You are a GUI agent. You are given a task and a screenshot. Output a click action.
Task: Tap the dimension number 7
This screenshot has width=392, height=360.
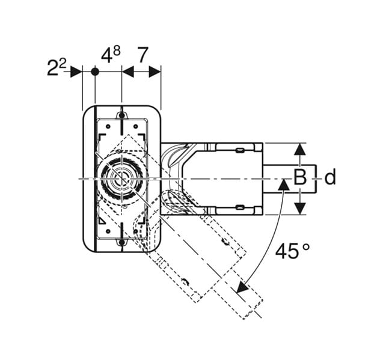142,55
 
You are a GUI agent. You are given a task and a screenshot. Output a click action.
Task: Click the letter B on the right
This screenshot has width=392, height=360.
300,178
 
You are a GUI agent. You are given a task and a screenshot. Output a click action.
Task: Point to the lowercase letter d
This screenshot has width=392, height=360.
329,178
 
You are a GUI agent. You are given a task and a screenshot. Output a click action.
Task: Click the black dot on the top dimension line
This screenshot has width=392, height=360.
95,72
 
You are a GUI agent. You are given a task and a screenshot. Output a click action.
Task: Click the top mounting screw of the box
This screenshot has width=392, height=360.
121,115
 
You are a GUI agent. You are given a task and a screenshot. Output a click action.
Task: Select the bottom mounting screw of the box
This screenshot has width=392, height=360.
121,243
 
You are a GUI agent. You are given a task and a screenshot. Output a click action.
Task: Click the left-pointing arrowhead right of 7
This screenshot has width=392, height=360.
155,72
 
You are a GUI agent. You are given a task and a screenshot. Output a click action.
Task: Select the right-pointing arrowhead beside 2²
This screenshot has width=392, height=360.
76,72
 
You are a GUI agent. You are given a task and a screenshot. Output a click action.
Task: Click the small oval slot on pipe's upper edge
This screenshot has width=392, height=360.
240,148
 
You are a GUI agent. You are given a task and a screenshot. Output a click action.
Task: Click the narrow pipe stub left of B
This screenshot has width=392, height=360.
274,178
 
